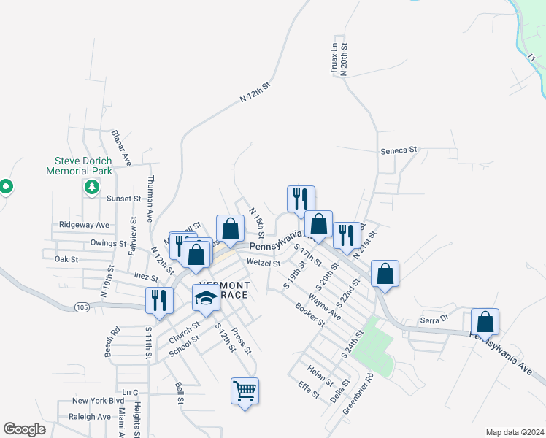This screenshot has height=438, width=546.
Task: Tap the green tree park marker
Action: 91,188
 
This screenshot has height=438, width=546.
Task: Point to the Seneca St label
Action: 398,150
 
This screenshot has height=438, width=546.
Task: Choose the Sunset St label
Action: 123,199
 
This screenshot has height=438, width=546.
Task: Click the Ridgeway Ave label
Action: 84,225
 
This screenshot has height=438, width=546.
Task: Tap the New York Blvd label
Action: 99,401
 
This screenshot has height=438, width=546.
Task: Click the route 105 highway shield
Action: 82,308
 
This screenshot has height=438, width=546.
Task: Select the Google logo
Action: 24,429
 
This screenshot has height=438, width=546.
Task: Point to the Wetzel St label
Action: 264,263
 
